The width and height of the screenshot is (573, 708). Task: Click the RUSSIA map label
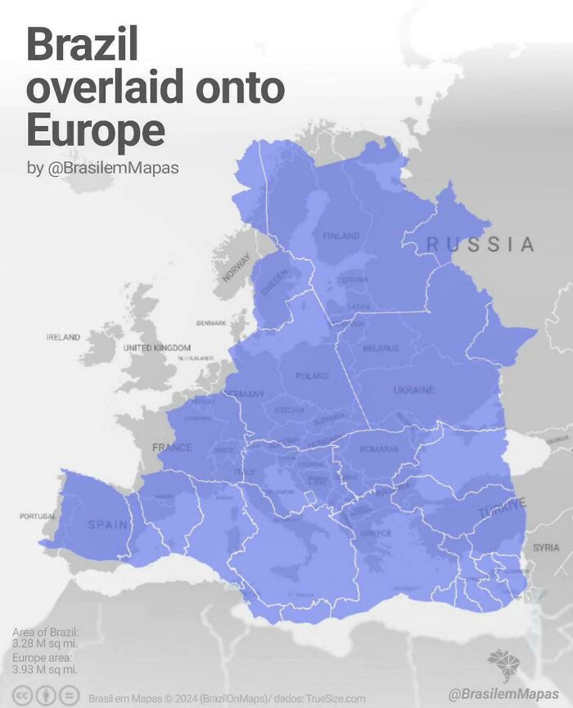pyautogui.click(x=481, y=244)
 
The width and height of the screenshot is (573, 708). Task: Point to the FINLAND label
pyautogui.click(x=341, y=236)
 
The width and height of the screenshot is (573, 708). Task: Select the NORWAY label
pyautogui.click(x=236, y=267)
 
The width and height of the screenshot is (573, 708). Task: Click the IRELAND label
pyautogui.click(x=63, y=337)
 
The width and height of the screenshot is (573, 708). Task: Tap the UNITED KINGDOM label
pyautogui.click(x=156, y=348)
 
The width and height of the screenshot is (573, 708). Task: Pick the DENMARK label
pyautogui.click(x=211, y=323)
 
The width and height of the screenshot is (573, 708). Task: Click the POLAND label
pyautogui.click(x=312, y=376)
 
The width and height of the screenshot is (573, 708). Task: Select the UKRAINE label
pyautogui.click(x=413, y=390)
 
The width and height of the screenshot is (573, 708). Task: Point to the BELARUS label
pyautogui.click(x=381, y=349)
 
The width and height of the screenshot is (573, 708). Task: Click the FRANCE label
pyautogui.click(x=172, y=448)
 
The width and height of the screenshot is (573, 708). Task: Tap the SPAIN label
pyautogui.click(x=108, y=525)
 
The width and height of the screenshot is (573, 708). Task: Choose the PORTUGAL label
pyautogui.click(x=38, y=516)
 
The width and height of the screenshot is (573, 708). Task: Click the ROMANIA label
pyautogui.click(x=379, y=449)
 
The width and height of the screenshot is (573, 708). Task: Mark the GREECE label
pyautogui.click(x=377, y=533)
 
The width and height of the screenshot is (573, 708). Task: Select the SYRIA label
pyautogui.click(x=546, y=547)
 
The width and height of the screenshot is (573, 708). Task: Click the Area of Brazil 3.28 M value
pyautogui.click(x=45, y=644)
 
